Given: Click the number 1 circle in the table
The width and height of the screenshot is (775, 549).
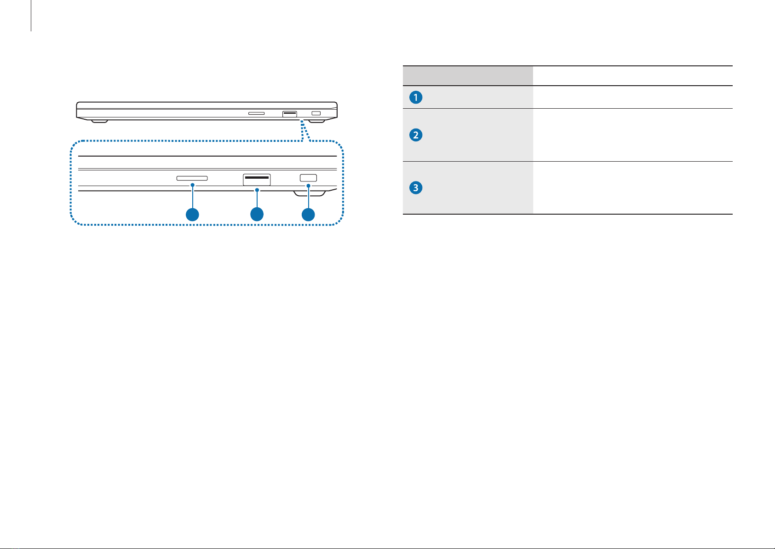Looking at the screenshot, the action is (415, 97).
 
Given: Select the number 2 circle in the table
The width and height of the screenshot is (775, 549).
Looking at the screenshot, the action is (415, 135).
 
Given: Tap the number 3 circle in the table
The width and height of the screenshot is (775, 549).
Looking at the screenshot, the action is (415, 188).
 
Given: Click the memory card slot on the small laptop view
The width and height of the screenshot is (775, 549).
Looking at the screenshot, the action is (256, 113).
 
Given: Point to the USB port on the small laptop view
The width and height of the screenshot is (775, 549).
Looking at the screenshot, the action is (290, 114).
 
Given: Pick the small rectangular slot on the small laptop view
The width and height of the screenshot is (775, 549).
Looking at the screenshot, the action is (316, 113).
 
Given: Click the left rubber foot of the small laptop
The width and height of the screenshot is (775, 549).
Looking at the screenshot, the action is (100, 121).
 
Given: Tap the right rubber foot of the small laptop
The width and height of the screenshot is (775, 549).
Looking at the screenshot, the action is (317, 122).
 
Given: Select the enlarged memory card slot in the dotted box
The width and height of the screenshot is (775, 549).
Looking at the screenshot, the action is (192, 178).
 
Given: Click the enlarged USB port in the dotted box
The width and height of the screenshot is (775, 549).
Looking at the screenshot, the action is (257, 180).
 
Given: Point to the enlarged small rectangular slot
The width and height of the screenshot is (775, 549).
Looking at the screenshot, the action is (308, 178).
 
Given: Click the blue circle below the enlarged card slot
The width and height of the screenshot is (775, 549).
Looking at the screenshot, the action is (192, 215).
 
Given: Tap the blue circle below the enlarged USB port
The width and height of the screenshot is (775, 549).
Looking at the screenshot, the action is (257, 215).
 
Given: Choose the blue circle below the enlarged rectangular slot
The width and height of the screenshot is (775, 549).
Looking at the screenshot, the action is (308, 215).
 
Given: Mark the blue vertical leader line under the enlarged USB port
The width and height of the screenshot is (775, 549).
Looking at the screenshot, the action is (257, 199).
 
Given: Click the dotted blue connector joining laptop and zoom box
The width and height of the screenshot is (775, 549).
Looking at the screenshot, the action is (305, 131).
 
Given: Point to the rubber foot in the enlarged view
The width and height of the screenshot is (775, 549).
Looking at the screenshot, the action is (309, 193).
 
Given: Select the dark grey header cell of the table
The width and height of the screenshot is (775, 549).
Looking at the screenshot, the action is (468, 76).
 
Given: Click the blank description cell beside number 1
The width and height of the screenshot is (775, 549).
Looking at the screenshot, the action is (633, 97).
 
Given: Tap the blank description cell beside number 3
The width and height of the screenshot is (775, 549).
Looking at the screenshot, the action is (633, 188).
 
